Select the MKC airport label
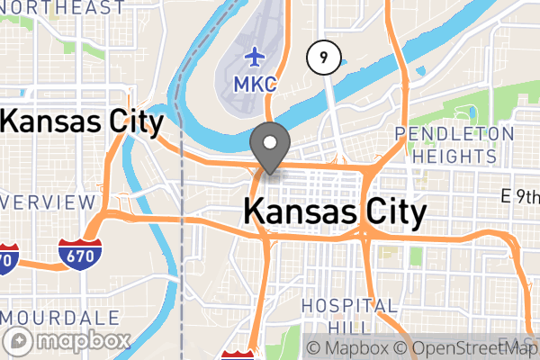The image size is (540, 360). pyautogui.click(x=255, y=84)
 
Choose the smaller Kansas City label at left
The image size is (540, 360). pyautogui.click(x=83, y=121)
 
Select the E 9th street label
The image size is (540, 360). pyautogui.click(x=520, y=195)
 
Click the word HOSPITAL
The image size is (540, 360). pyautogui.click(x=349, y=306)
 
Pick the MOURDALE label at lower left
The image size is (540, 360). pyautogui.click(x=61, y=318)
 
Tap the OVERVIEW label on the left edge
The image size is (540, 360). pyautogui.click(x=47, y=201)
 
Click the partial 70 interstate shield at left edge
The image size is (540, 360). pyautogui.click(x=7, y=258)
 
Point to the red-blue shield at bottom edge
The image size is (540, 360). pyautogui.click(x=238, y=355)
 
